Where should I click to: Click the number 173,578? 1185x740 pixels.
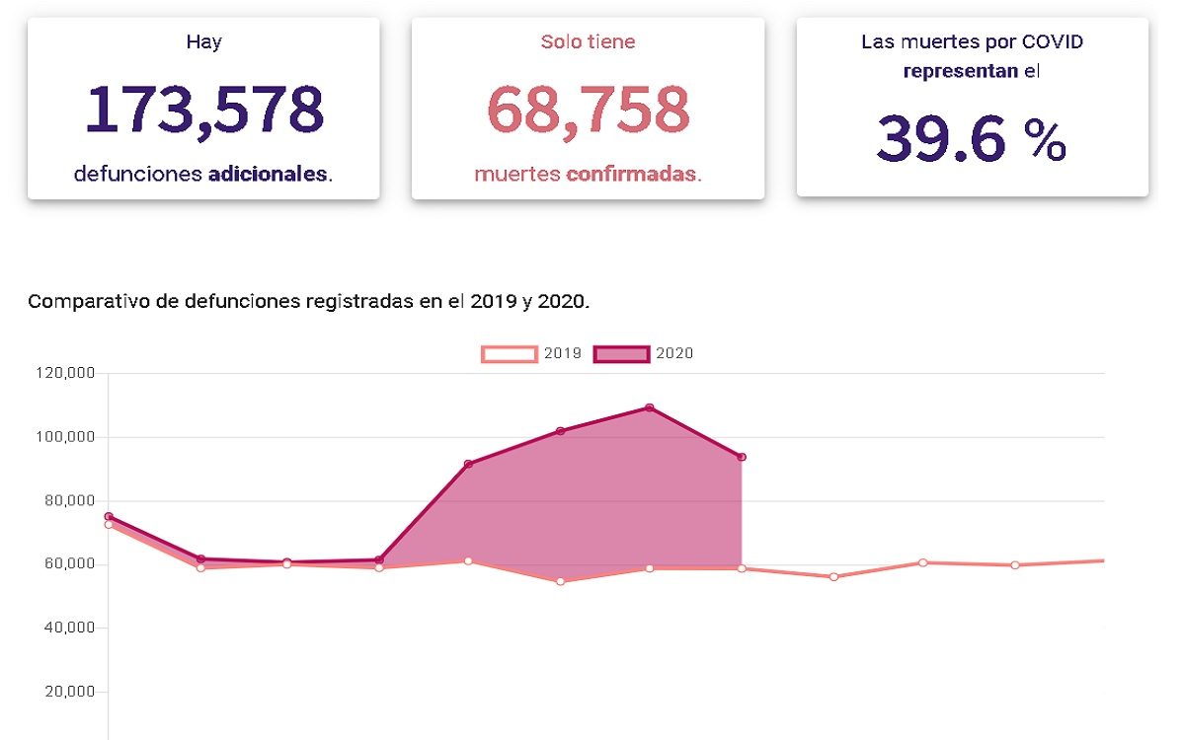[203, 109]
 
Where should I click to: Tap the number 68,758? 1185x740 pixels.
[588, 109]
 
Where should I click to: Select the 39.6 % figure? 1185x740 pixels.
[971, 139]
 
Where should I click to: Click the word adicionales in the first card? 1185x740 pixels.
[268, 175]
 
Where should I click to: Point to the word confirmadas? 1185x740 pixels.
[632, 175]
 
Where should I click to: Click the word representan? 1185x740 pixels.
[960, 71]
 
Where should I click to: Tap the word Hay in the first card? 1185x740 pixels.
[203, 42]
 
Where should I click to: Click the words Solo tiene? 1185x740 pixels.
[588, 42]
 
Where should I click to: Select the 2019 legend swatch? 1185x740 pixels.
[510, 353]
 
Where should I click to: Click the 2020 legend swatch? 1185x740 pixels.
[621, 353]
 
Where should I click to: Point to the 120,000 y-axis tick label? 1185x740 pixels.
[65, 373]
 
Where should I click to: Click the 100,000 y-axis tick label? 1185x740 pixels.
[65, 437]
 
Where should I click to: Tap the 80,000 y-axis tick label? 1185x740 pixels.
[69, 500]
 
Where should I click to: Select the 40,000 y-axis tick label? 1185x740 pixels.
[69, 628]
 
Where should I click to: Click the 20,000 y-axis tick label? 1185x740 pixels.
[69, 692]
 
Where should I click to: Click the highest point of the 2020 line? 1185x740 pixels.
[650, 407]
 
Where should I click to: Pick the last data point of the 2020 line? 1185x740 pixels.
[742, 457]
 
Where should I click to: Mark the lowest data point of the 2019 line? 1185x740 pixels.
[561, 581]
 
